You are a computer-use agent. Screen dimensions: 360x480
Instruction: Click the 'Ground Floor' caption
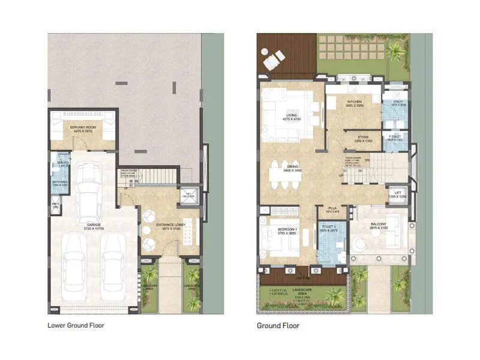click(x=278, y=326)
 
